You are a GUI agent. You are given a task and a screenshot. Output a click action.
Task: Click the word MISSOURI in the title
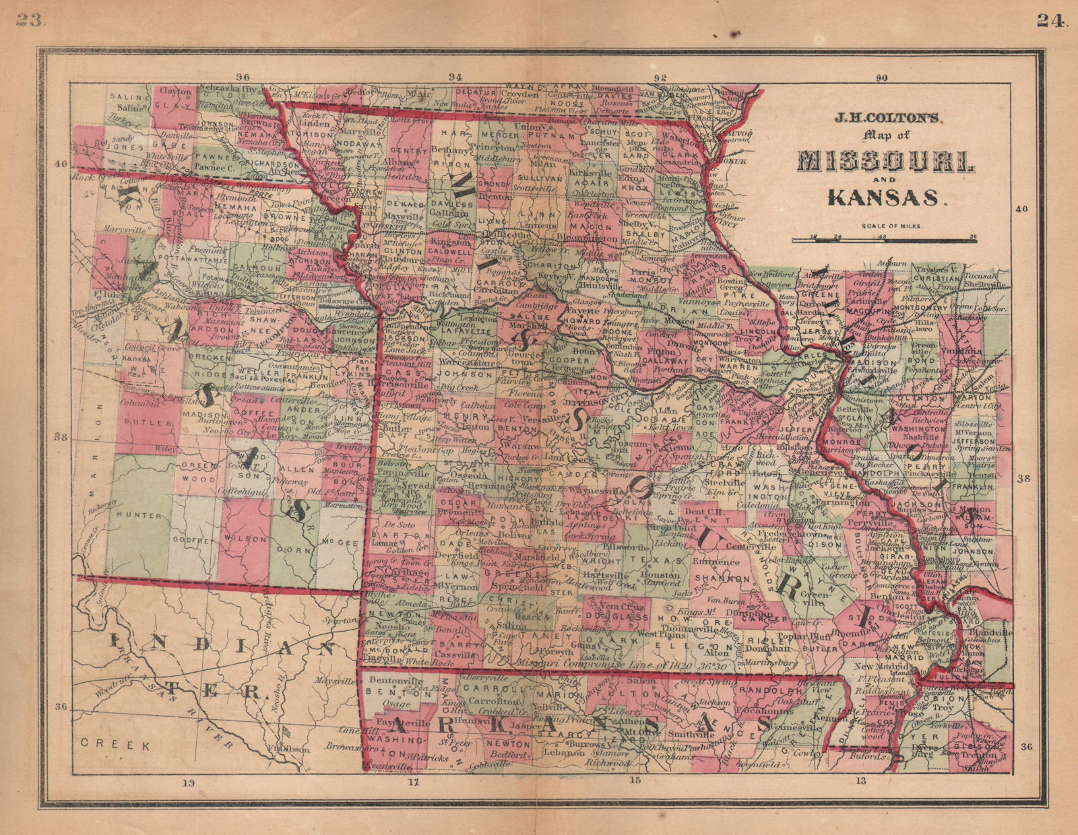(x=885, y=162)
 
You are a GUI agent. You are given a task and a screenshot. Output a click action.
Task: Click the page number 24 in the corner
(x=1050, y=21)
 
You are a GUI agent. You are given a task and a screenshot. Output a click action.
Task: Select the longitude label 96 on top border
(x=243, y=77)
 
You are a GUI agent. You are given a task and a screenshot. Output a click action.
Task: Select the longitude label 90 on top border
(x=881, y=77)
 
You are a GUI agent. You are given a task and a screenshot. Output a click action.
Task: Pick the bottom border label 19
(x=187, y=782)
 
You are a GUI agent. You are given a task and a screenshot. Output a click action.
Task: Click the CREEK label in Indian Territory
(x=113, y=744)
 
